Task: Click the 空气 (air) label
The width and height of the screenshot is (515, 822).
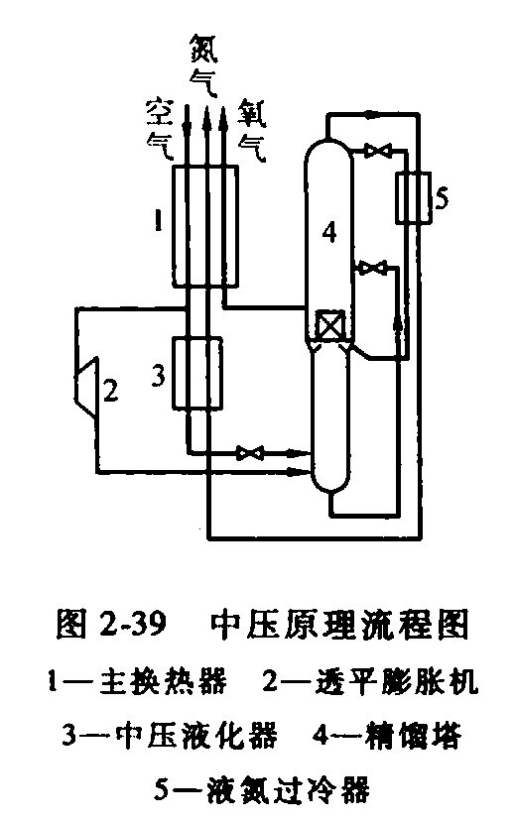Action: pos(160,129)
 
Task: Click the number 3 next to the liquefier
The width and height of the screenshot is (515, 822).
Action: pos(159,376)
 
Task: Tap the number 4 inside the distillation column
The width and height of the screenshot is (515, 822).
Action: pos(328,232)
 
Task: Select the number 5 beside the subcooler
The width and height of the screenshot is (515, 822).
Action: pos(443,198)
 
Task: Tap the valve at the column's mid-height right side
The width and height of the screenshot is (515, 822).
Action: pos(373,268)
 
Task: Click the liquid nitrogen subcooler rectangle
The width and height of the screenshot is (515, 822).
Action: pos(413,197)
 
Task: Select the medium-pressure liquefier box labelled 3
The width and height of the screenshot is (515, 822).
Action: pos(197,373)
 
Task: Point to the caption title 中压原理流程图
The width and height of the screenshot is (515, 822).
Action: pos(338,624)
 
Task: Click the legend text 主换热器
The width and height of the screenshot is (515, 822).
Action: pos(163,680)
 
